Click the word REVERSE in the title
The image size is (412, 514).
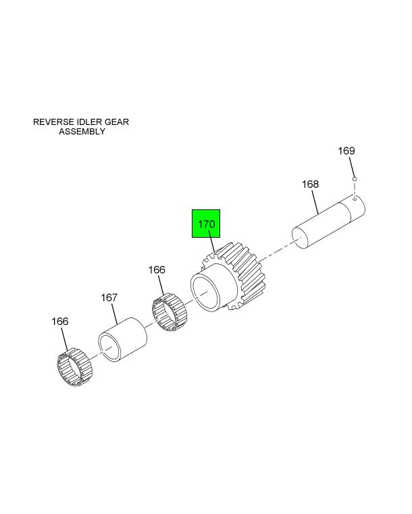pos(54,122)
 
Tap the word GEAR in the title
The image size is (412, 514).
pos(116,122)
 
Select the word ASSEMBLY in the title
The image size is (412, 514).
pos(82,132)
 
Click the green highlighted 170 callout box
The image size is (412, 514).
pos(206,224)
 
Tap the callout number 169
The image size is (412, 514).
pos(346,151)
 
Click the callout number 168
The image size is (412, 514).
pos(310,184)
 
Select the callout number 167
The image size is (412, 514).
pos(109,298)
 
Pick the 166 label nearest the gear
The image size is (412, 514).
pos(157,269)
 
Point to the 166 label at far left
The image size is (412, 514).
pos(60,322)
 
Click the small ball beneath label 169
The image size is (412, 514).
pos(355,179)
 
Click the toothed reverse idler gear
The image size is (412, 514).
pos(229,277)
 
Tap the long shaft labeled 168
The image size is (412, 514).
pos(328,222)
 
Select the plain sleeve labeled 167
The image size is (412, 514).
pos(122,340)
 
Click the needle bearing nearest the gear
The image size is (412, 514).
pos(170,312)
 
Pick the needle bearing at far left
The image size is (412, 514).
pos(75,368)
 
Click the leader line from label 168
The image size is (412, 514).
pos(315,202)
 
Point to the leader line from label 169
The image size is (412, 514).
pos(352,168)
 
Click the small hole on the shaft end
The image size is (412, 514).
pos(355,198)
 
